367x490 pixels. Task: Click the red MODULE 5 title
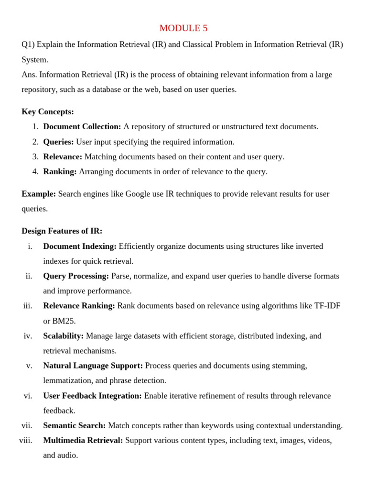click(183, 28)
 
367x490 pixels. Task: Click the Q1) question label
click(28, 45)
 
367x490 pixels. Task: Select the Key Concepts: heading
click(48, 112)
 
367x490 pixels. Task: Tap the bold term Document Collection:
click(82, 127)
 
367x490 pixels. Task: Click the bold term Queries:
click(58, 142)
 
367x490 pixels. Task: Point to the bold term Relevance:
click(63, 157)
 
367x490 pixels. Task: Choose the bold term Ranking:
click(60, 172)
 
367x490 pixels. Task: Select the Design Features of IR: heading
click(62, 231)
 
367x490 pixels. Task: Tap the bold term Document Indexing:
click(80, 246)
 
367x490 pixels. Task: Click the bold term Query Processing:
click(76, 276)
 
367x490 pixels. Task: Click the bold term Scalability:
click(64, 336)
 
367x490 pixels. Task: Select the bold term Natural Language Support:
click(93, 366)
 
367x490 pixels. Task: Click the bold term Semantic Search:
click(75, 425)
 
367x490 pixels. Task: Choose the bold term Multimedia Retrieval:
click(83, 440)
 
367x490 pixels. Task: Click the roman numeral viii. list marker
click(26, 440)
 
